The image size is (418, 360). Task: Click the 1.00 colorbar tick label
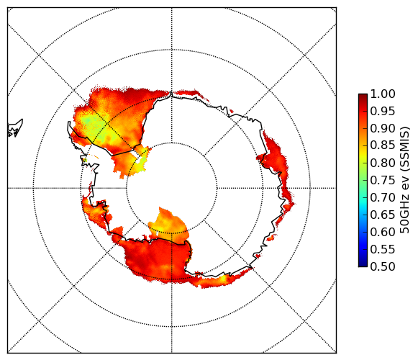click(x=383, y=94)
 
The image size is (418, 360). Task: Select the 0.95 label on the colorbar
click(x=383, y=112)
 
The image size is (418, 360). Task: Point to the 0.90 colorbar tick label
click(x=383, y=129)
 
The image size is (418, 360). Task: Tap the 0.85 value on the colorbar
click(x=383, y=145)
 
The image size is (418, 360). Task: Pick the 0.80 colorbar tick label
click(x=383, y=163)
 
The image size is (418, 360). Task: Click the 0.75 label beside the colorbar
click(x=383, y=181)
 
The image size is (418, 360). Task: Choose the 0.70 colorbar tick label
click(x=383, y=198)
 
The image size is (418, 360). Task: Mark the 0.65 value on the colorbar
click(x=383, y=215)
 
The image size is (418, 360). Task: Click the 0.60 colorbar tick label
click(x=383, y=232)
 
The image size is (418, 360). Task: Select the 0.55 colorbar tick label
click(x=383, y=250)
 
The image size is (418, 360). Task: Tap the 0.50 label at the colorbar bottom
click(x=383, y=266)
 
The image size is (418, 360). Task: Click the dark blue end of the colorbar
click(x=363, y=263)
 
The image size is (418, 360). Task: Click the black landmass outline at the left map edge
click(x=15, y=129)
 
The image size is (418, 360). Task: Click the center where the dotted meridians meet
click(x=172, y=188)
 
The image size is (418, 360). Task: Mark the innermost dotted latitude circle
click(x=172, y=143)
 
